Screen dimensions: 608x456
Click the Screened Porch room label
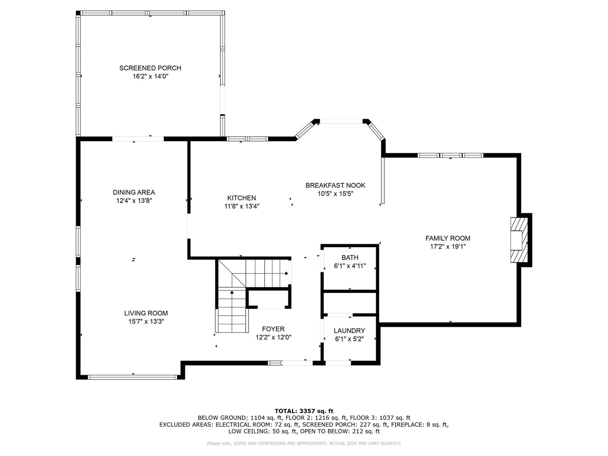pos(150,68)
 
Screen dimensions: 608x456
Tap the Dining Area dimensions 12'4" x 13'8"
pos(134,200)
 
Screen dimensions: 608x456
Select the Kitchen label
pos(242,198)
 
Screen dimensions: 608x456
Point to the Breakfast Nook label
pos(335,185)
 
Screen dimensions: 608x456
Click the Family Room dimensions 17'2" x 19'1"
pos(447,247)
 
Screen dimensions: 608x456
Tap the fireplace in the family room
pos(519,240)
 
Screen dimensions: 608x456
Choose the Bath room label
pos(350,257)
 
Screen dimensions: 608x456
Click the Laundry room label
pos(349,331)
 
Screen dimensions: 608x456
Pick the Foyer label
pos(273,329)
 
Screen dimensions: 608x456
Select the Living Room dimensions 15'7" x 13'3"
pos(146,322)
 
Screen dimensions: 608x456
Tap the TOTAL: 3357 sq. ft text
pos(304,411)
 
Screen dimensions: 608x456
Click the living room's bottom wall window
pos(133,377)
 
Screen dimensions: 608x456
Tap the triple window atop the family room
pos(450,155)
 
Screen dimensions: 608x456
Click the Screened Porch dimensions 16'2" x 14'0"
pos(151,76)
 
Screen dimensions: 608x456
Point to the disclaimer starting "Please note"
pos(304,443)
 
